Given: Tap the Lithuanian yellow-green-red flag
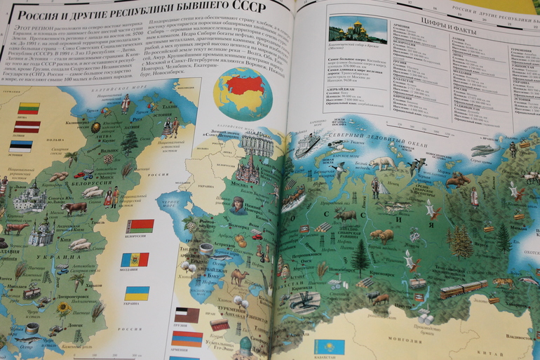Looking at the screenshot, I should point(29,108).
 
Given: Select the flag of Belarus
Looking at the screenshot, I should point(139,226).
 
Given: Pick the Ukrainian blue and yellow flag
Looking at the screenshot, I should point(136,293).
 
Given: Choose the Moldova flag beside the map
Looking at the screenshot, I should point(135,260).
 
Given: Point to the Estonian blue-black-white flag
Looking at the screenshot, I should point(21,146).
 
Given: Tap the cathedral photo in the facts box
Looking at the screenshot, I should point(358,31).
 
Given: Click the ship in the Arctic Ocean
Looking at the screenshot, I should point(307,145).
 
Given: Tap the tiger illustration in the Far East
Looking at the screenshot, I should point(503,283).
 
